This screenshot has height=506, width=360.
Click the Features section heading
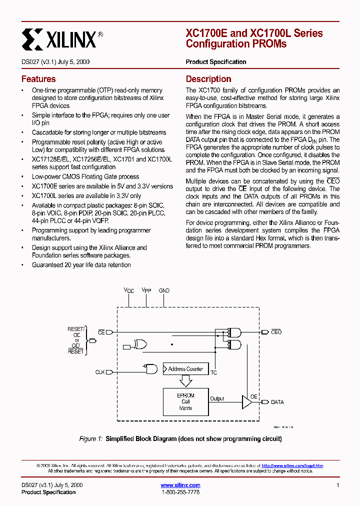[x=38, y=79]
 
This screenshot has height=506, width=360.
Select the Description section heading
[x=208, y=79]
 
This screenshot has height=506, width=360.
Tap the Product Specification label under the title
[x=216, y=62]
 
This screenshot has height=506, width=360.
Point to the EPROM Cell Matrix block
[x=185, y=401]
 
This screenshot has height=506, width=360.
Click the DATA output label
[x=277, y=401]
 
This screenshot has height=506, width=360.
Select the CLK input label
[x=100, y=372]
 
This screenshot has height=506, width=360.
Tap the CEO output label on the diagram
[x=276, y=332]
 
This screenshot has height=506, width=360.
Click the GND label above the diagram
[x=164, y=290]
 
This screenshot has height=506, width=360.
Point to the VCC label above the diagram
[x=129, y=290]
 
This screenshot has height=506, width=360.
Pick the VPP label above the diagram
[x=146, y=290]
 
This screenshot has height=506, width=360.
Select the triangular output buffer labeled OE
[x=246, y=402]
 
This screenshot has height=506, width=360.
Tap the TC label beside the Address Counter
[x=213, y=373]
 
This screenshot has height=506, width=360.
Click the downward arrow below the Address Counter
[x=185, y=381]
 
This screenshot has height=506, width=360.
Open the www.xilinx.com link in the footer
[x=180, y=485]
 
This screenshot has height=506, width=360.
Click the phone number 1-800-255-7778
[x=180, y=492]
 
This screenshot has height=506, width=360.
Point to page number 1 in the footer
[x=338, y=485]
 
